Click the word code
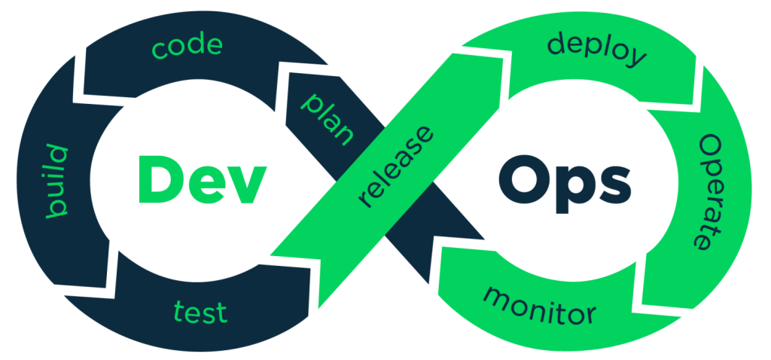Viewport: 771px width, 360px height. pyautogui.click(x=187, y=46)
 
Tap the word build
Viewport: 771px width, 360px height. pyautogui.click(x=56, y=181)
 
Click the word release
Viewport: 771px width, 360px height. pyautogui.click(x=397, y=167)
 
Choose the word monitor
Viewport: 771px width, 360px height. pyautogui.click(x=539, y=306)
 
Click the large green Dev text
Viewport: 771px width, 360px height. pyautogui.click(x=202, y=179)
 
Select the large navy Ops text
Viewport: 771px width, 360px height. pyautogui.click(x=564, y=184)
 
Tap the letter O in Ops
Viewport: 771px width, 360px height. pyautogui.click(x=523, y=179)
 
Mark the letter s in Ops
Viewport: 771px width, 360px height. pyautogui.click(x=613, y=185)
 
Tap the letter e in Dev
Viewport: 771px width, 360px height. pyautogui.click(x=205, y=185)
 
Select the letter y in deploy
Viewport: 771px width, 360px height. pyautogui.click(x=635, y=56)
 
